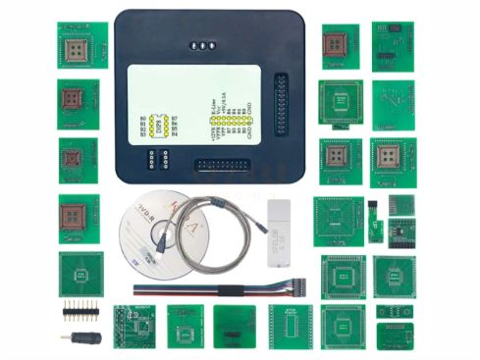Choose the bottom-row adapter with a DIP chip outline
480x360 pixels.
click(x=290, y=327)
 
